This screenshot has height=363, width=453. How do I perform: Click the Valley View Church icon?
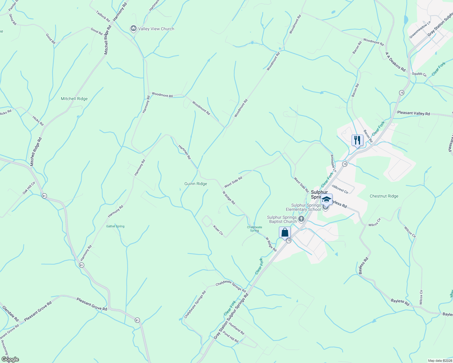(133, 29)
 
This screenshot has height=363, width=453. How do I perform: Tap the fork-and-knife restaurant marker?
(357, 140)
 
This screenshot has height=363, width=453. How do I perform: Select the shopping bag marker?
(285, 233)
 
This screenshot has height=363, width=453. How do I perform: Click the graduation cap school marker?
(326, 199)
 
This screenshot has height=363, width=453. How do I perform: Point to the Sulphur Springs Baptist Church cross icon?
(301, 219)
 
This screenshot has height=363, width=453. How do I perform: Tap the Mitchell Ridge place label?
(74, 99)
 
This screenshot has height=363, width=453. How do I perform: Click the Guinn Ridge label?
(196, 184)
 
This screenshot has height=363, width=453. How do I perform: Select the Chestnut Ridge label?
(384, 196)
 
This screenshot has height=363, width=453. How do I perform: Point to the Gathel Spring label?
(115, 226)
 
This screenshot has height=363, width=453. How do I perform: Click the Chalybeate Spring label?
(254, 229)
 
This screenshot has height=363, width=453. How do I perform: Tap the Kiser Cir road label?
(218, 230)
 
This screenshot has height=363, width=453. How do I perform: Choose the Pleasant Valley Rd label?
(413, 113)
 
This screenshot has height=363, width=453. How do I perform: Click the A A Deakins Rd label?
(395, 62)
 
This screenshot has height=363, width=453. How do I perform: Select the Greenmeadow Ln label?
(420, 30)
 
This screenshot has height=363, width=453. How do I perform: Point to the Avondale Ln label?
(333, 164)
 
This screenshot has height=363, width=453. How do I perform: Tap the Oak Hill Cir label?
(29, 188)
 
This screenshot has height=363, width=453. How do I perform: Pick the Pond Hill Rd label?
(231, 337)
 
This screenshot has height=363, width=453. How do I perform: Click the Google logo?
(10, 359)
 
